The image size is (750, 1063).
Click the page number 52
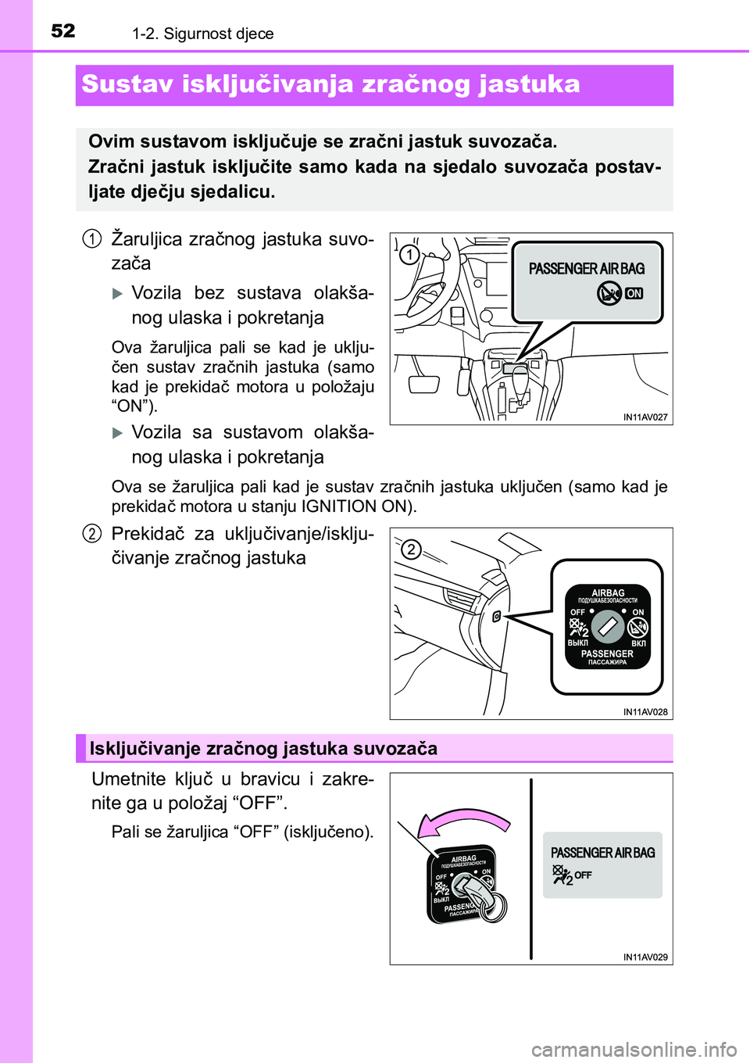[63, 30]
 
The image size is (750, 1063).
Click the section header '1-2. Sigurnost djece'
[203, 34]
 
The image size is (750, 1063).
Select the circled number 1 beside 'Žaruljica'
[91, 238]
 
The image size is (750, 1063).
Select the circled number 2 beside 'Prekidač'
[91, 534]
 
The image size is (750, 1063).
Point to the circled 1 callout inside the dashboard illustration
[409, 254]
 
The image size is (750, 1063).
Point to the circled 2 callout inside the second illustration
[411, 549]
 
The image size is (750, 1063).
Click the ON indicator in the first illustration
[634, 294]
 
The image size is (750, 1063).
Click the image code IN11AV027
[645, 417]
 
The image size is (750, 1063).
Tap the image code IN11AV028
[645, 712]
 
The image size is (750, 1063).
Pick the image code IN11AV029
[645, 957]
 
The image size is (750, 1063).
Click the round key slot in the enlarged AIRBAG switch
[607, 627]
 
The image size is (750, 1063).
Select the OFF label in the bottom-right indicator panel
[583, 875]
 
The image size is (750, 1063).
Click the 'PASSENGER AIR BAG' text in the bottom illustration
[602, 853]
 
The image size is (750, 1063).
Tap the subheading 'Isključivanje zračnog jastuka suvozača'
[263, 749]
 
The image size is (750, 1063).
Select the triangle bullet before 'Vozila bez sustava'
[118, 294]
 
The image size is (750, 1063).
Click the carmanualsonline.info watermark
[634, 1049]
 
